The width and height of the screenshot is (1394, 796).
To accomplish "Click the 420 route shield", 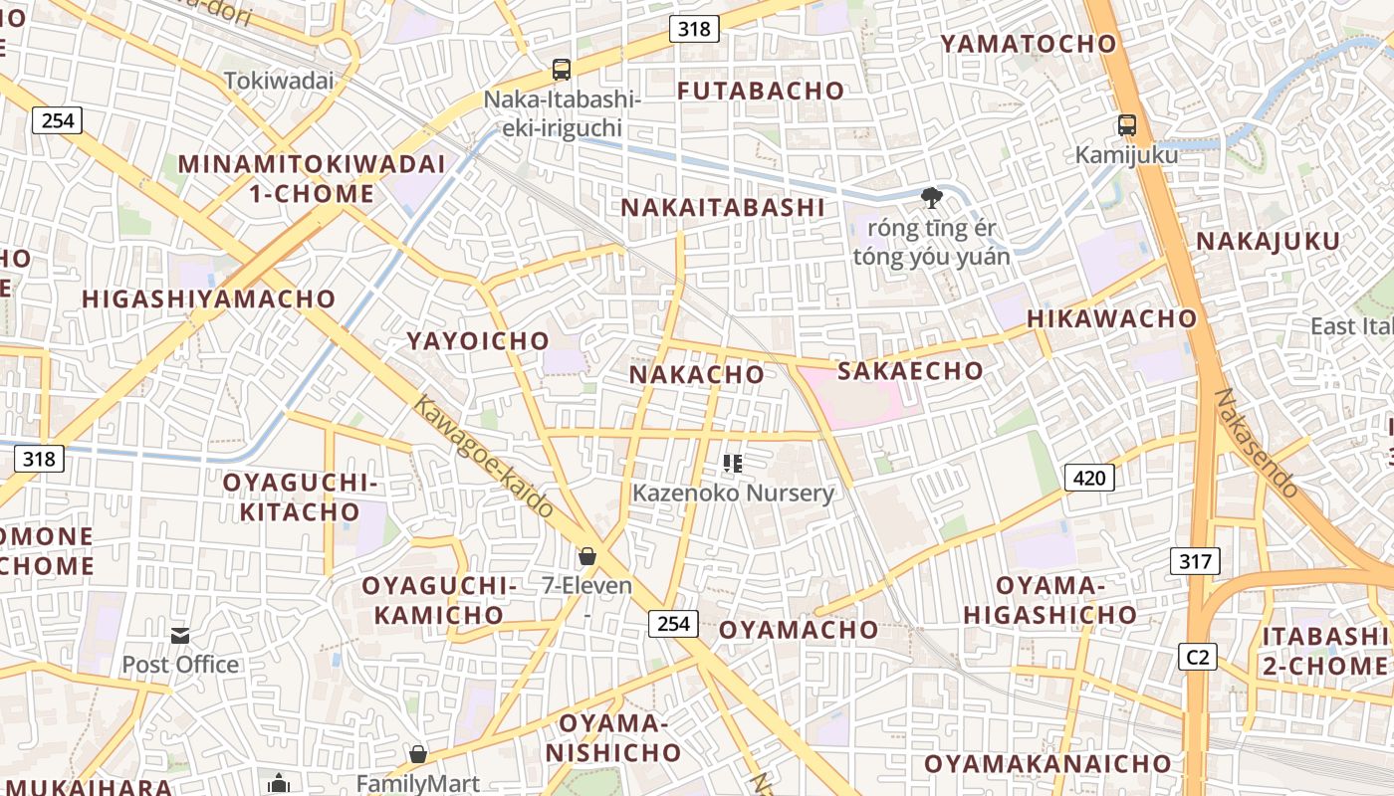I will [1089, 478].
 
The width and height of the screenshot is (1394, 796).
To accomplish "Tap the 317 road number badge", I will [1195, 561].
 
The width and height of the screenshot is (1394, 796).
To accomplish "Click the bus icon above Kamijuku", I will [1127, 126].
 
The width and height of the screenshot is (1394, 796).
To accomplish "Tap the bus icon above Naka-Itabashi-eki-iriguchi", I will [562, 70].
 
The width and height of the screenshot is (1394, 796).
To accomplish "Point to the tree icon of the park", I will [931, 197].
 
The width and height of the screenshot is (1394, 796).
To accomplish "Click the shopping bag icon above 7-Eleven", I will [587, 556].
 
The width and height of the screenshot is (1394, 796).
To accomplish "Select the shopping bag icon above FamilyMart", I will [418, 754].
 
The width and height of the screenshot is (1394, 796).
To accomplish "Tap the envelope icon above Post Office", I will [180, 635].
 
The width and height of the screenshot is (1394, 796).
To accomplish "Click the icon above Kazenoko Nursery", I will [733, 463].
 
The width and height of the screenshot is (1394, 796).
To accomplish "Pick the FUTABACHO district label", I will [761, 91].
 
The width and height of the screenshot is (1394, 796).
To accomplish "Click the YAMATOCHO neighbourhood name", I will [1029, 44].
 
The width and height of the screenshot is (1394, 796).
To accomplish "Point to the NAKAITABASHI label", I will [723, 208].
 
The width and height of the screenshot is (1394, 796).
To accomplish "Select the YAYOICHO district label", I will [478, 341].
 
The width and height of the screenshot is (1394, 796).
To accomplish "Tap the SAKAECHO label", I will [910, 371].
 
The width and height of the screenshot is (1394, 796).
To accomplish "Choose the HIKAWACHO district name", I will [1111, 318].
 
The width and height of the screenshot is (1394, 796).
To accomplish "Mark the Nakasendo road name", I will [1257, 444].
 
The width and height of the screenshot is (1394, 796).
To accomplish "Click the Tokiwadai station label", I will [279, 81].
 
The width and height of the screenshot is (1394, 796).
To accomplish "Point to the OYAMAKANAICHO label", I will [1047, 764].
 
